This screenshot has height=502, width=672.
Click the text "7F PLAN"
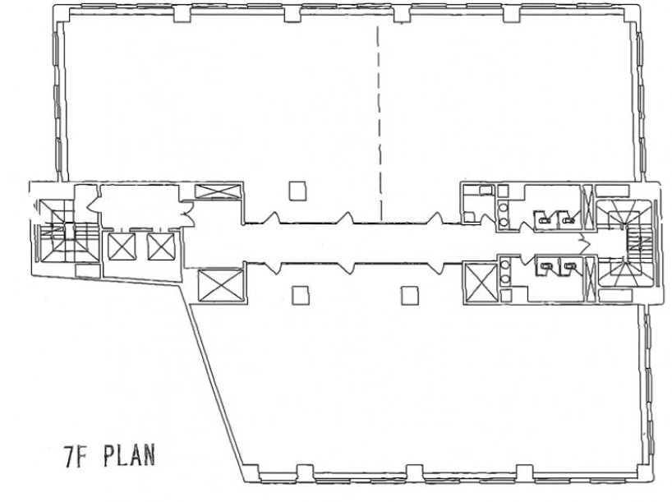(x=109, y=456)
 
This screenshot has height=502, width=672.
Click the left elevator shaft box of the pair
(x=122, y=246)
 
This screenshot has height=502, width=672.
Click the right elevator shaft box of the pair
(x=161, y=246)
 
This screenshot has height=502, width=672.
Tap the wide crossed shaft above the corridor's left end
(x=218, y=191)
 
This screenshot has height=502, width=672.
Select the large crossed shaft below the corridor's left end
(x=221, y=285)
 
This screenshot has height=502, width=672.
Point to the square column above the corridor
(x=297, y=191)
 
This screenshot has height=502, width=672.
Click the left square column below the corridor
(x=301, y=296)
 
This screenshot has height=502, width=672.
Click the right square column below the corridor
(x=410, y=296)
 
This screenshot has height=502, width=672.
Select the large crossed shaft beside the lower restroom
(x=481, y=283)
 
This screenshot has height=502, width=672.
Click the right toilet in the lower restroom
(x=570, y=267)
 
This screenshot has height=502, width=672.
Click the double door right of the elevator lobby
(x=186, y=213)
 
